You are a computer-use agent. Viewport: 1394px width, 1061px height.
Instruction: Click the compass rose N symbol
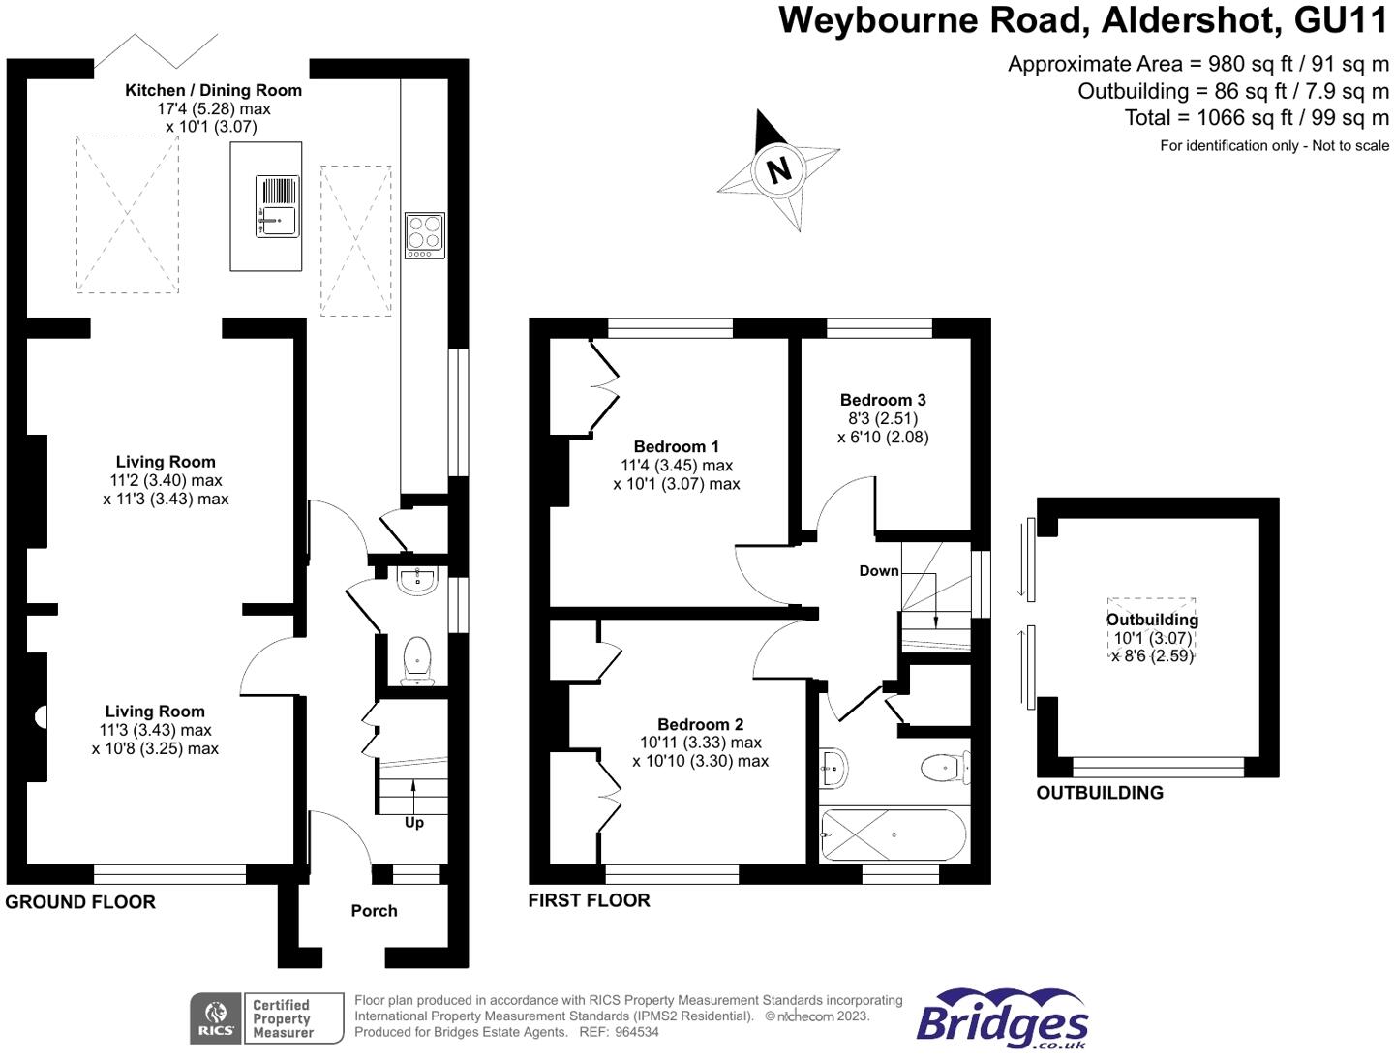[778, 169]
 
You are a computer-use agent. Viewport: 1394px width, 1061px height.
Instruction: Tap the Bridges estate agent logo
[1002, 1019]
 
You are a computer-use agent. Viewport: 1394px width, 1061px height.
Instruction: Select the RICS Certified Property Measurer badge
[266, 1018]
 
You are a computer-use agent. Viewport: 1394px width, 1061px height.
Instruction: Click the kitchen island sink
[278, 206]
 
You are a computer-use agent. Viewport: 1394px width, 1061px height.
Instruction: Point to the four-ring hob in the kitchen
[424, 235]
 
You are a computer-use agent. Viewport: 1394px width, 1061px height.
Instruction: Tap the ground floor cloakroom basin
[418, 580]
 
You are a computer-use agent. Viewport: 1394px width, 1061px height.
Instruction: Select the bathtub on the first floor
[893, 834]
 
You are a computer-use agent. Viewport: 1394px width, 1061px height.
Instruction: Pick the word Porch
[374, 911]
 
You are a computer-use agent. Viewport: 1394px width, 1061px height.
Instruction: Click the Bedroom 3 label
[882, 400]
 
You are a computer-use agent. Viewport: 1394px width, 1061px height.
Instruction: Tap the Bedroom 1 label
[676, 446]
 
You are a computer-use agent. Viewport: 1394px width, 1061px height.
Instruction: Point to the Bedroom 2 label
[700, 724]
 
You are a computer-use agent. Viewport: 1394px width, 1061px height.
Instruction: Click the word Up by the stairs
[413, 823]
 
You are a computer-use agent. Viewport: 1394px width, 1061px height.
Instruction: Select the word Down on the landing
[879, 571]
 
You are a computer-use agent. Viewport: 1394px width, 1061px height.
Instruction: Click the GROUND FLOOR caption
[80, 902]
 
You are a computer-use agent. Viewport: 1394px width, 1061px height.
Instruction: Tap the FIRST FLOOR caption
[589, 900]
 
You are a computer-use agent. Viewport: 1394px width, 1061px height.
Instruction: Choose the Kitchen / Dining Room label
[213, 90]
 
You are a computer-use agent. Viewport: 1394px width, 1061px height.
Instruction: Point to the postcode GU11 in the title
[1341, 20]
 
